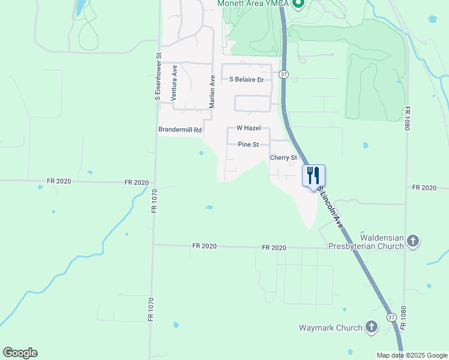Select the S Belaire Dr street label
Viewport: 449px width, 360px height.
(246, 79)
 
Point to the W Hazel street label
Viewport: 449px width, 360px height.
(248, 128)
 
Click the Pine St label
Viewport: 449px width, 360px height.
(248, 145)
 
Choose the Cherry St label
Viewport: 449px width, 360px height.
(284, 158)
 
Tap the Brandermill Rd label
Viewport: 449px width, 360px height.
(179, 130)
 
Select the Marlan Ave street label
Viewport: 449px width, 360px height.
(212, 92)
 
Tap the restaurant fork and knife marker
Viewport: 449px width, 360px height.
(313, 175)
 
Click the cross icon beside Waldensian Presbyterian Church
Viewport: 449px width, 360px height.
(412, 241)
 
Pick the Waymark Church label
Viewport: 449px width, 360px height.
(331, 328)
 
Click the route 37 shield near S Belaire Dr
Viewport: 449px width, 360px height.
(284, 74)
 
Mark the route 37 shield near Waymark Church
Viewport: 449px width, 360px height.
(391, 317)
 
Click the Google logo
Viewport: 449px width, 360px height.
(20, 353)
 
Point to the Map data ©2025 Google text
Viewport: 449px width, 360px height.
(411, 355)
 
